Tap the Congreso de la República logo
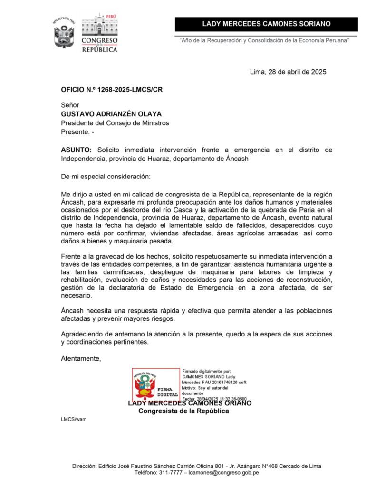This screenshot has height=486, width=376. [x=99, y=33]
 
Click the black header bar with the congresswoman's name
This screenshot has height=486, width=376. [x=266, y=24]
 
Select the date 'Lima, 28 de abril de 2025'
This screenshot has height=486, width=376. [x=288, y=72]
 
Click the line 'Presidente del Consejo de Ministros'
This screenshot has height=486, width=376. [x=115, y=123]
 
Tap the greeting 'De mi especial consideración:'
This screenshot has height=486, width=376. [x=105, y=177]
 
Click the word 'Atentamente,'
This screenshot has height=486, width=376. [x=81, y=358]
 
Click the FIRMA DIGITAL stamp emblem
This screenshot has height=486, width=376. [x=155, y=385]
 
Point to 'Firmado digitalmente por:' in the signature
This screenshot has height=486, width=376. [x=206, y=370]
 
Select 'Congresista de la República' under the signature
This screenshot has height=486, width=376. [x=183, y=411]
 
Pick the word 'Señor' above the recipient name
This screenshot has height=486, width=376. [x=70, y=105]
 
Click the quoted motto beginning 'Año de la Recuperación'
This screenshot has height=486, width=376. [x=265, y=41]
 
